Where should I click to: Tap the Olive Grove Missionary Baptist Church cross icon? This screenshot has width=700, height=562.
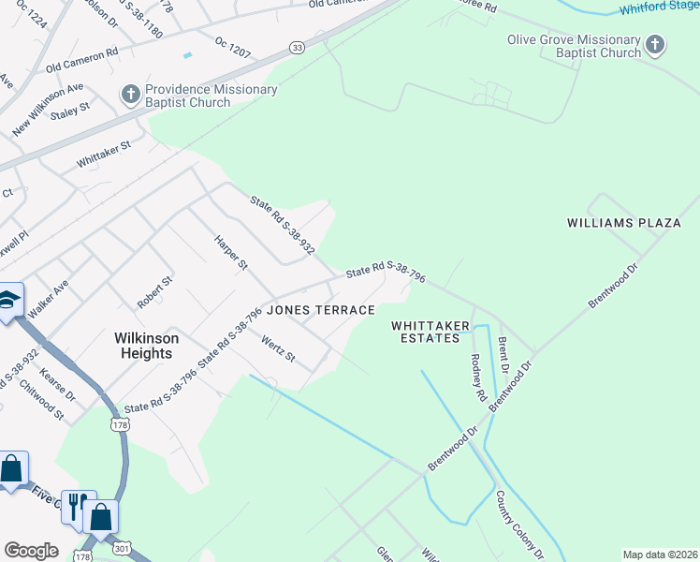[x=655, y=45]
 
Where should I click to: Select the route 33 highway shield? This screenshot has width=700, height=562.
[x=297, y=47]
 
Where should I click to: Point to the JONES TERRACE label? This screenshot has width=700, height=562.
[x=321, y=310]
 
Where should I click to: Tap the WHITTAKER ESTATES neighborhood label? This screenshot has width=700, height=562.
[x=430, y=332]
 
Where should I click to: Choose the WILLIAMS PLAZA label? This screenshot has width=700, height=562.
[x=623, y=223]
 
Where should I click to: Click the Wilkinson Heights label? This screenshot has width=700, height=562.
[x=146, y=346]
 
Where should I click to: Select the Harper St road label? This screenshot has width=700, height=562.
[x=230, y=253]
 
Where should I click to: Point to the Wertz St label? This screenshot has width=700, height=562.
[x=278, y=349]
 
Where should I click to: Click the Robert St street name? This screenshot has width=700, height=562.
[x=155, y=292]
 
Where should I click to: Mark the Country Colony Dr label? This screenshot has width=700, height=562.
[x=513, y=520]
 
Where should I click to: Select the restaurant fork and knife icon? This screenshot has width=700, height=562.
[x=76, y=503]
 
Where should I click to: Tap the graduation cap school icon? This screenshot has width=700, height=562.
[x=7, y=300]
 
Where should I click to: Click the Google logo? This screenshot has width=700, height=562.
[x=31, y=551]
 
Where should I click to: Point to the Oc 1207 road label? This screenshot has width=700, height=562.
[x=233, y=47]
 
